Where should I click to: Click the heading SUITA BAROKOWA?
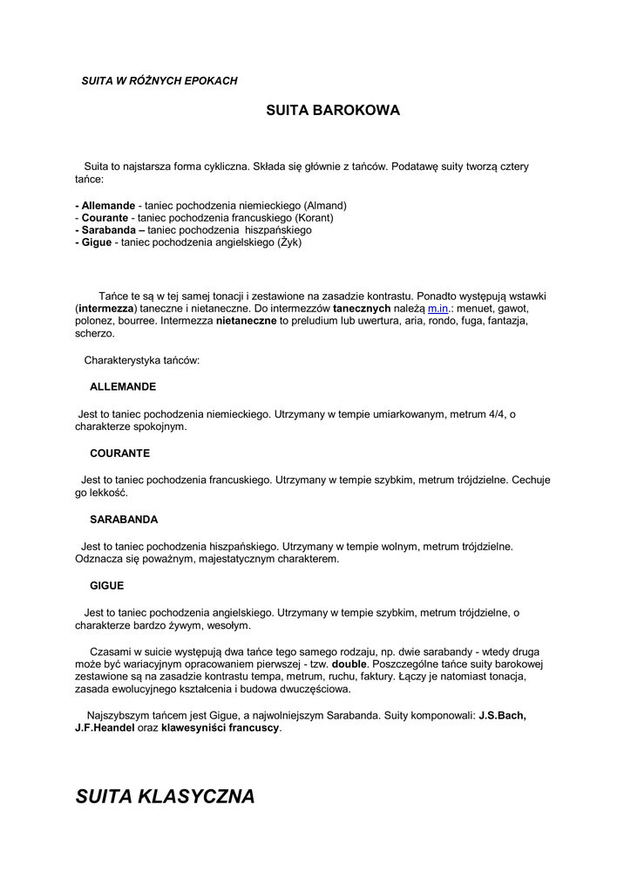coord(332,111)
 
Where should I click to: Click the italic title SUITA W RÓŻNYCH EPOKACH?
coord(159,80)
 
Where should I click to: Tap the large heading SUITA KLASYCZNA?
coord(165,796)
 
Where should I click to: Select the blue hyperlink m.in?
coord(438,309)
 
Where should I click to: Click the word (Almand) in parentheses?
coord(325,205)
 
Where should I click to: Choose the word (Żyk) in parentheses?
coord(289,242)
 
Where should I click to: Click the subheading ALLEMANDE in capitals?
coord(123,385)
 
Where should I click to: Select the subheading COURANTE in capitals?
coord(119,453)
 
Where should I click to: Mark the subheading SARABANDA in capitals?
coord(124,519)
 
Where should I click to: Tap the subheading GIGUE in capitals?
coord(106,585)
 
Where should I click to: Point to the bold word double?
coord(349,663)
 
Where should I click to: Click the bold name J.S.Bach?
coord(502,715)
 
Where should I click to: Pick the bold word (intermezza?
coord(105,309)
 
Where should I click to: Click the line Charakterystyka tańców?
coord(142,359)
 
